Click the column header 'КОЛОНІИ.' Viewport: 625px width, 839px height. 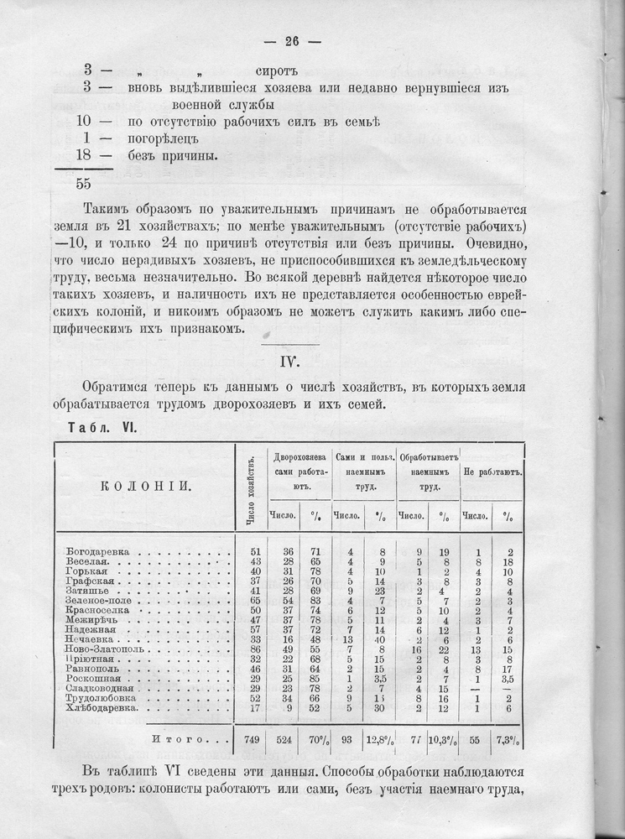click(x=142, y=486)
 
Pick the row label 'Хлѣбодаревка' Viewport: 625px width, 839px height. click(x=103, y=709)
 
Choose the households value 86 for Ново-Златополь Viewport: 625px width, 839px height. click(x=253, y=649)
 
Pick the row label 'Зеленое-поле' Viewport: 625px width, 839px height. click(x=99, y=600)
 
